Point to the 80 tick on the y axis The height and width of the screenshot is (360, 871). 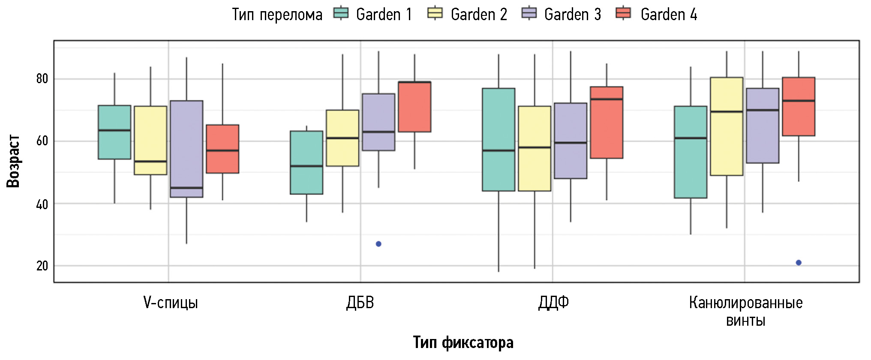[42, 79]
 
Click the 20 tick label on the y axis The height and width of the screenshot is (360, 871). [42, 266]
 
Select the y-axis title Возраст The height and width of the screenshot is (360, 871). [14, 161]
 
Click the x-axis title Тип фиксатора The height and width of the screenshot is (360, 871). [463, 342]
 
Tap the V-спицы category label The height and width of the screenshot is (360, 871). [171, 303]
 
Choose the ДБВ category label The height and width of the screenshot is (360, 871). [360, 303]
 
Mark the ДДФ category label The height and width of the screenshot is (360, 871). [553, 303]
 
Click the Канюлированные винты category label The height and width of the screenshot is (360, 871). [745, 311]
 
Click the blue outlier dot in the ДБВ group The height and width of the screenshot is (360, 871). [378, 244]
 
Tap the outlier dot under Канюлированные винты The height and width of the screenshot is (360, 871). [799, 263]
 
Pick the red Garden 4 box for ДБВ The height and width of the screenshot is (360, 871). [414, 107]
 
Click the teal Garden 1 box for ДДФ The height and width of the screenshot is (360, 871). [499, 139]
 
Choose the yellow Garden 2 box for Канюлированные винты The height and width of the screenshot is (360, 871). [727, 126]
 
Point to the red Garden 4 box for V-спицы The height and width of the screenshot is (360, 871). [222, 149]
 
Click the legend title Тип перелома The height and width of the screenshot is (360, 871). [277, 15]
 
